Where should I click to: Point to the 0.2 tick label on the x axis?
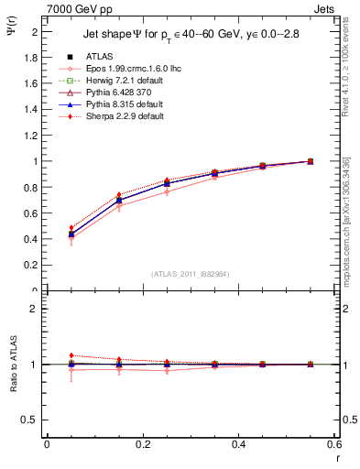click(x=143, y=444)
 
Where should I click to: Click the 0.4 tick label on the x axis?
click(x=238, y=444)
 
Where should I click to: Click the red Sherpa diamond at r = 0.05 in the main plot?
click(x=71, y=228)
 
